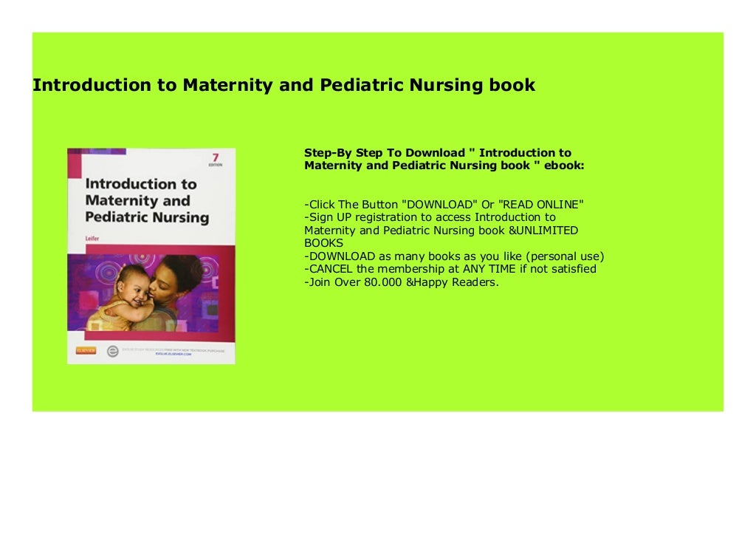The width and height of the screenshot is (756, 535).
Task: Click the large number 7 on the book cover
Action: [x=215, y=158]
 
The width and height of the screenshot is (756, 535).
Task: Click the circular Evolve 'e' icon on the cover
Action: [x=113, y=352]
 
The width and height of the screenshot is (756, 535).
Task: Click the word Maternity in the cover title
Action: [x=127, y=201]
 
